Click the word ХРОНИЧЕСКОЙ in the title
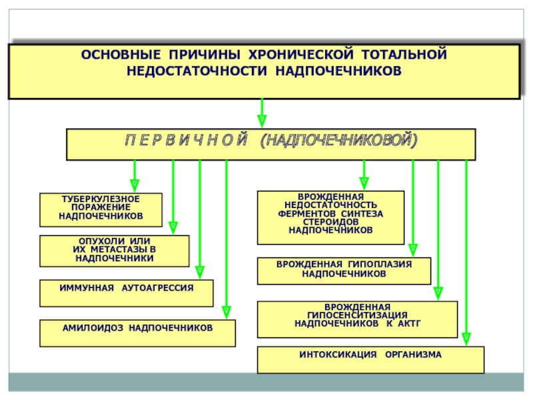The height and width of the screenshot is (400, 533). tap(301, 55)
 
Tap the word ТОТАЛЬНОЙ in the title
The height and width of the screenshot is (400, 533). tap(404, 55)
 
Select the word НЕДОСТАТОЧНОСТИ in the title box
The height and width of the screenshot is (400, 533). tap(197, 71)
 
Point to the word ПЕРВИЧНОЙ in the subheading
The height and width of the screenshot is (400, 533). tap(187, 140)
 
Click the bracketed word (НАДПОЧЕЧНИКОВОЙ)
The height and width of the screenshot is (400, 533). tap(338, 140)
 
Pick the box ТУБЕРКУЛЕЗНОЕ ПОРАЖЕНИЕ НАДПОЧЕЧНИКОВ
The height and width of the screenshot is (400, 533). tap(101, 210)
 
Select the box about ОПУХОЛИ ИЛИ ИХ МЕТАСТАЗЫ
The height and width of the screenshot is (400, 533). tap(115, 251)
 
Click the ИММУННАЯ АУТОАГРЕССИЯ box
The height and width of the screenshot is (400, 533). tap(127, 293)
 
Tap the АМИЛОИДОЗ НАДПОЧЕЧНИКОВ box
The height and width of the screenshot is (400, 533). tap(138, 333)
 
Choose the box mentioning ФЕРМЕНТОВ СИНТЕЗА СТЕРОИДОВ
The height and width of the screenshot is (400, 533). tap(330, 218)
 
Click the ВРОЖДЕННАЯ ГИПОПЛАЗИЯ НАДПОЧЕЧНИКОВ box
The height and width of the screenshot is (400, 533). tap(344, 271)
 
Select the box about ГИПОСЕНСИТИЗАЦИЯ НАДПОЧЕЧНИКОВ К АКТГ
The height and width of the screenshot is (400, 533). tap(358, 319)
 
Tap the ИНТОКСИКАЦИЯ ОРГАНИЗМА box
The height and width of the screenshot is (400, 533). tap(371, 360)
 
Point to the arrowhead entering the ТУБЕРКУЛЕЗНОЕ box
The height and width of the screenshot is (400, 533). tap(135, 186)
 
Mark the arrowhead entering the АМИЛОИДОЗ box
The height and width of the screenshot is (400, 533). tap(227, 312)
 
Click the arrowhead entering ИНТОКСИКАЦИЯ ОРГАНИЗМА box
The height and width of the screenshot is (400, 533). tap(466, 339)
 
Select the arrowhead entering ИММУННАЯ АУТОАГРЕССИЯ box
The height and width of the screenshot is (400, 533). tap(200, 273)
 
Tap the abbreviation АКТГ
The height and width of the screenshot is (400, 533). tap(409, 323)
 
